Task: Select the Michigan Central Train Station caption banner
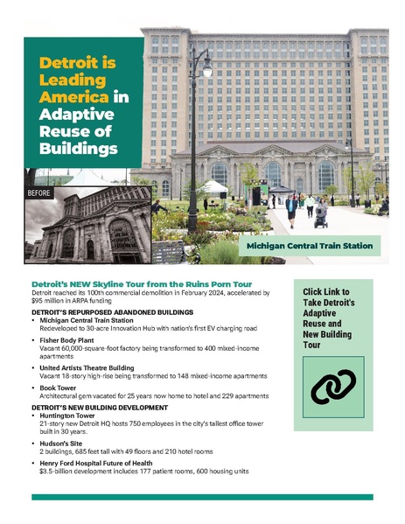[310, 247]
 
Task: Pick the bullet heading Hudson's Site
[64, 446]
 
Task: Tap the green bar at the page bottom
[202, 496]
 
